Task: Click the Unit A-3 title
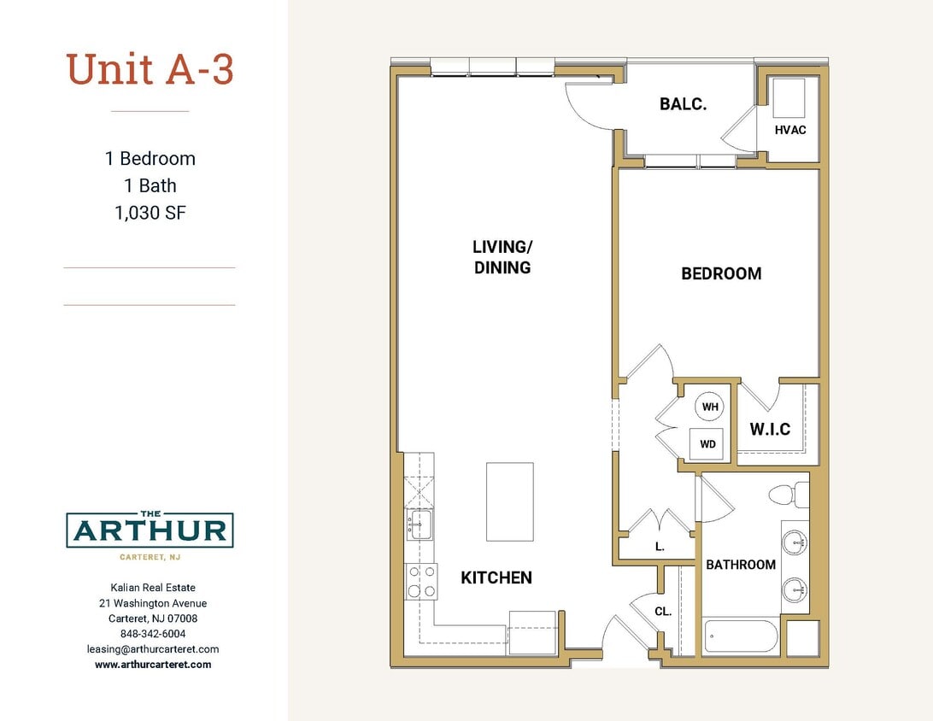[x=150, y=69]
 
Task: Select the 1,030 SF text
[x=150, y=213]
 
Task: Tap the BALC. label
[x=683, y=104]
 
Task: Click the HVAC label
[x=789, y=130]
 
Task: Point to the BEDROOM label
[x=721, y=273]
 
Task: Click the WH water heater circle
[x=710, y=407]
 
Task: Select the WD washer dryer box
[x=707, y=444]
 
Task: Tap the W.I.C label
[x=770, y=429]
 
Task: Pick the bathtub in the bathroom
[x=740, y=636]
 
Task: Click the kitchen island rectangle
[x=510, y=501]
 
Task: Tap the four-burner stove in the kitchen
[x=420, y=581]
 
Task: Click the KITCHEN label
[x=496, y=577]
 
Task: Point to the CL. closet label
[x=663, y=612]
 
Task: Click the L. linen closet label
[x=660, y=547]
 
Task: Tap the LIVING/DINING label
[x=502, y=257]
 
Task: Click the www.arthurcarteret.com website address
[x=153, y=664]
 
